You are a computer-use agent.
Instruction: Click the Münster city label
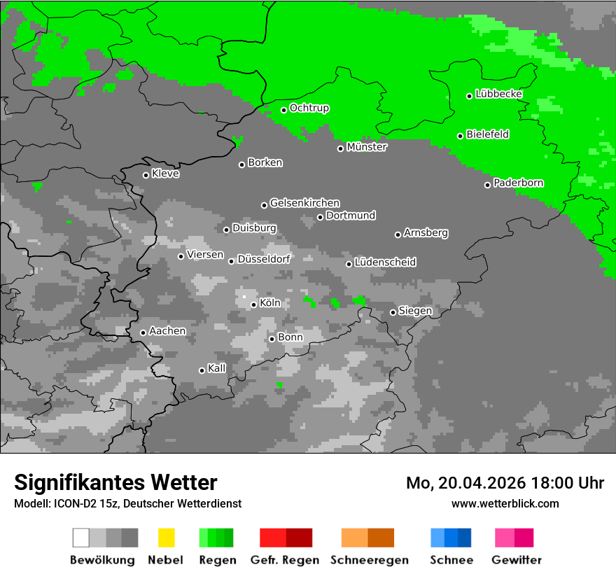367,147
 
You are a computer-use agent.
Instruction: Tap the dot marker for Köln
253,304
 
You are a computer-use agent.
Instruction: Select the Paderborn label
518,183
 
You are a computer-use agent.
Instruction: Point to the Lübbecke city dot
470,96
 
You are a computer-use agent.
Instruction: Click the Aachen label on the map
167,331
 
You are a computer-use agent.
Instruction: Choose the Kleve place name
165,174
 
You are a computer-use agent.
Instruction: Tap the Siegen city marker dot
393,312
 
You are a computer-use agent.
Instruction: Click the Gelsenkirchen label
304,203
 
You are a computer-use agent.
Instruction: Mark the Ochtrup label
309,108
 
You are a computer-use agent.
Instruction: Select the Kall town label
217,368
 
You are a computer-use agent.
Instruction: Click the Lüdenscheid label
385,262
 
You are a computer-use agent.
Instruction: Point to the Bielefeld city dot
461,136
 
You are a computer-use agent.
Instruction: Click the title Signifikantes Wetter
115,482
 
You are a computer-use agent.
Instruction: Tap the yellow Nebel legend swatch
166,538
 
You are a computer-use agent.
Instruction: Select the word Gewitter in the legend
517,560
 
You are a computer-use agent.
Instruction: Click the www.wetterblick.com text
505,503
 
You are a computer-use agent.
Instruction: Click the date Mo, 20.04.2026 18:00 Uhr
505,483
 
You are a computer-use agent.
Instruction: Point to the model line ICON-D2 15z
127,503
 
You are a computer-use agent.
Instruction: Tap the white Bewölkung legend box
81,538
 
